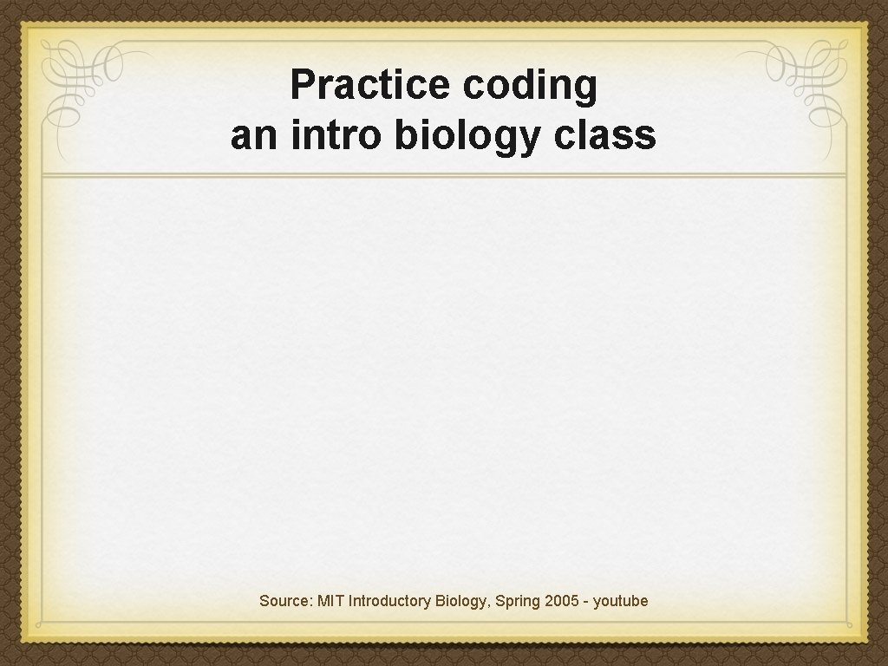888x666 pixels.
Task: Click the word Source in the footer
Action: tap(284, 601)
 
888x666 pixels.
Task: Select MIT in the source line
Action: tap(330, 601)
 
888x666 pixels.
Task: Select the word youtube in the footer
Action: tap(621, 601)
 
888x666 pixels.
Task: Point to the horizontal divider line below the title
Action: tap(444, 176)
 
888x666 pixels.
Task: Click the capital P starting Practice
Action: tap(301, 85)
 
